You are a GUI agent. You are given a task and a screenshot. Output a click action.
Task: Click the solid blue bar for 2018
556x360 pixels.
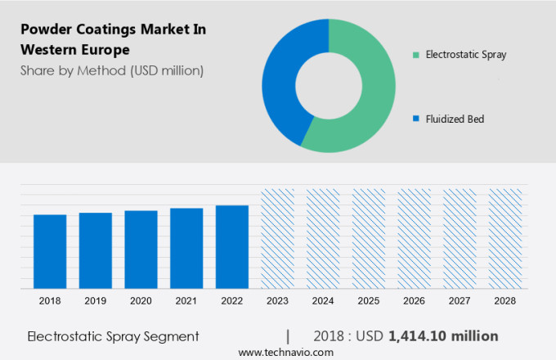(x=50, y=252)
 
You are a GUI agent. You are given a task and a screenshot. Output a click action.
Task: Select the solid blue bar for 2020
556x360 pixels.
(x=141, y=250)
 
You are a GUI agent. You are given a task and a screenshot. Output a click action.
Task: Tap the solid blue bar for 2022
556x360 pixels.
(x=232, y=247)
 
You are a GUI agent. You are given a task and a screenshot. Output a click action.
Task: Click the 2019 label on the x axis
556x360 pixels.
(x=96, y=301)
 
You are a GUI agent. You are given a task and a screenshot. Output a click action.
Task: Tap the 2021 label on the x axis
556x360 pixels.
(x=186, y=301)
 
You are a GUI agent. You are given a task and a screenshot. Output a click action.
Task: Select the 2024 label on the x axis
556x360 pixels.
(x=323, y=301)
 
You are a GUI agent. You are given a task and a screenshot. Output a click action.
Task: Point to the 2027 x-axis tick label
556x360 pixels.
(x=460, y=301)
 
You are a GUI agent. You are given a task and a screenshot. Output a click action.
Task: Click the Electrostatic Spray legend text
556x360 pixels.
(x=465, y=55)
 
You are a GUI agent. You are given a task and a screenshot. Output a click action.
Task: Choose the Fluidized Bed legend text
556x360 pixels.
(x=454, y=119)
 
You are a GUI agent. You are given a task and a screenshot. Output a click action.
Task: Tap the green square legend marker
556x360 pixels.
(x=416, y=55)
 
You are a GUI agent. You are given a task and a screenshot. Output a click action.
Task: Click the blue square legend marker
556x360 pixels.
(x=416, y=119)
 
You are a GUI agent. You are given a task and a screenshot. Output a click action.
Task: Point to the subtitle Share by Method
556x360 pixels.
(x=112, y=70)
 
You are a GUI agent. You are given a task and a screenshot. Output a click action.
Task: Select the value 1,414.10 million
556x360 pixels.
(x=443, y=336)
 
